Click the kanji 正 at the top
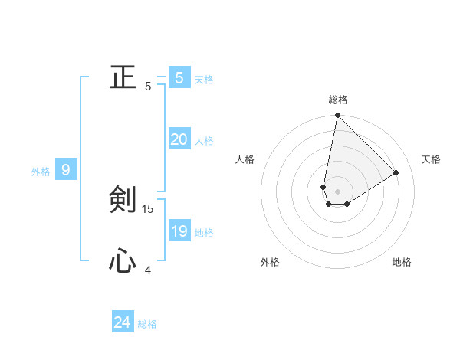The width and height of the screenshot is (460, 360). (x=123, y=77)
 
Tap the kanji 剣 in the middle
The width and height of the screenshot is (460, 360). (x=123, y=199)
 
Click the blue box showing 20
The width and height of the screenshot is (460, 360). (x=179, y=139)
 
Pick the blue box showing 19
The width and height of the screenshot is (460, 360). (x=179, y=231)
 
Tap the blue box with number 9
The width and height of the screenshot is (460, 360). (x=66, y=170)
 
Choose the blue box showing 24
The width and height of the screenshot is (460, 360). (x=122, y=322)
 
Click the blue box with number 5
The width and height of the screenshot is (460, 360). (x=179, y=77)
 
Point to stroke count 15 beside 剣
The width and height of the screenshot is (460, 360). (x=148, y=208)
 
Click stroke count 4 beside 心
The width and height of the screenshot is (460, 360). (x=148, y=270)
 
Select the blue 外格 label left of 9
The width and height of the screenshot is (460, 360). (x=41, y=172)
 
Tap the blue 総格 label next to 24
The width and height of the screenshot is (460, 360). (x=147, y=324)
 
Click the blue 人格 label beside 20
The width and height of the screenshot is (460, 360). (x=204, y=141)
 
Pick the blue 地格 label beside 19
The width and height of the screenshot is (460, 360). (x=204, y=233)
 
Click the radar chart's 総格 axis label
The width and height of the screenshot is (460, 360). (x=338, y=100)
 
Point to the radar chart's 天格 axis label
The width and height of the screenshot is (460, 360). (x=432, y=159)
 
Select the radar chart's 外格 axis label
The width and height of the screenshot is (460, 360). (x=270, y=262)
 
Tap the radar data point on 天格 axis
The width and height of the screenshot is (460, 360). (x=396, y=172)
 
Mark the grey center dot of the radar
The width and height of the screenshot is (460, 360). (x=337, y=191)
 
